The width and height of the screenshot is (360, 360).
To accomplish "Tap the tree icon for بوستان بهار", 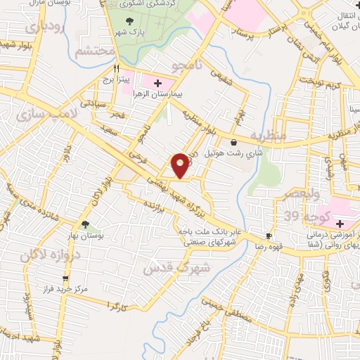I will point(85,225).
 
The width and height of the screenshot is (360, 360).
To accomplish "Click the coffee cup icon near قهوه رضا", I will point(268,236).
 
